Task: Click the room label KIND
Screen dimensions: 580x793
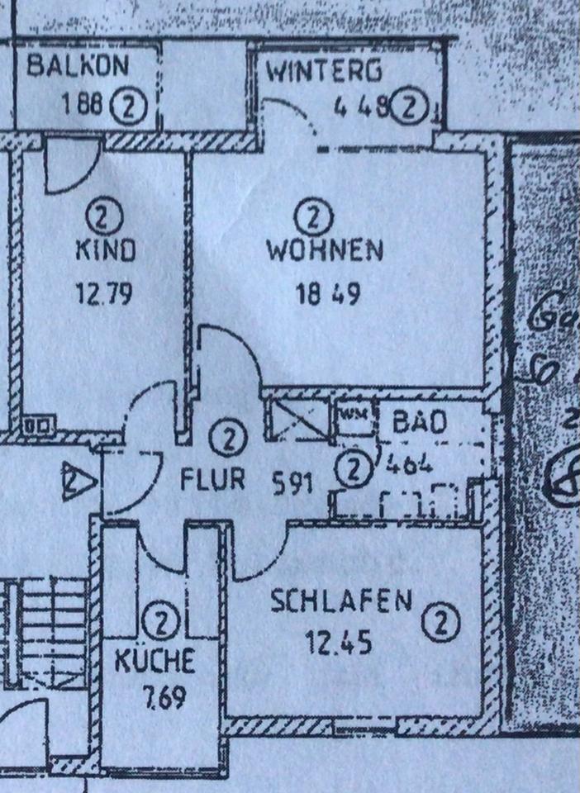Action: point(105,250)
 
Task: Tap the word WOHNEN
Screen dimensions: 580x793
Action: point(325,250)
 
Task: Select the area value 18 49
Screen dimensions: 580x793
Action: point(327,295)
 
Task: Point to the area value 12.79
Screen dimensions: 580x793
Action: point(105,295)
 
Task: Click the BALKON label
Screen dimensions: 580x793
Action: point(79,66)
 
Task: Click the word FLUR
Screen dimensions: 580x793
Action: point(212,480)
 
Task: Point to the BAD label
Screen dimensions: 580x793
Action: point(420,423)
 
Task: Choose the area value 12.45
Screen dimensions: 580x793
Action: point(328,641)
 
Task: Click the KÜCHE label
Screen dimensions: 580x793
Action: point(155,660)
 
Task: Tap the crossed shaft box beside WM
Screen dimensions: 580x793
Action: point(299,419)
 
